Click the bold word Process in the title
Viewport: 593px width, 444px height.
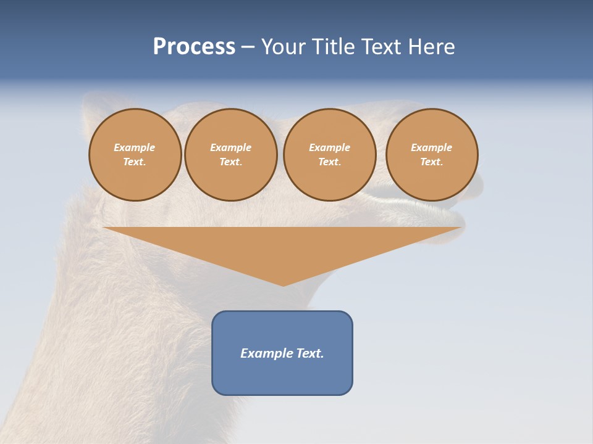[x=194, y=47]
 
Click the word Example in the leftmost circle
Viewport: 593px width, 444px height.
[x=135, y=147]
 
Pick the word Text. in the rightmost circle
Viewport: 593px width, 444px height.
[x=432, y=162]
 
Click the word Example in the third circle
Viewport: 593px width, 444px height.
[x=330, y=147]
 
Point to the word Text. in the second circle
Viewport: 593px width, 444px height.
[x=231, y=162]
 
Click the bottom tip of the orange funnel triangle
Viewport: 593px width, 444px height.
[x=283, y=285]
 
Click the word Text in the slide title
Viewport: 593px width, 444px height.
[x=381, y=47]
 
